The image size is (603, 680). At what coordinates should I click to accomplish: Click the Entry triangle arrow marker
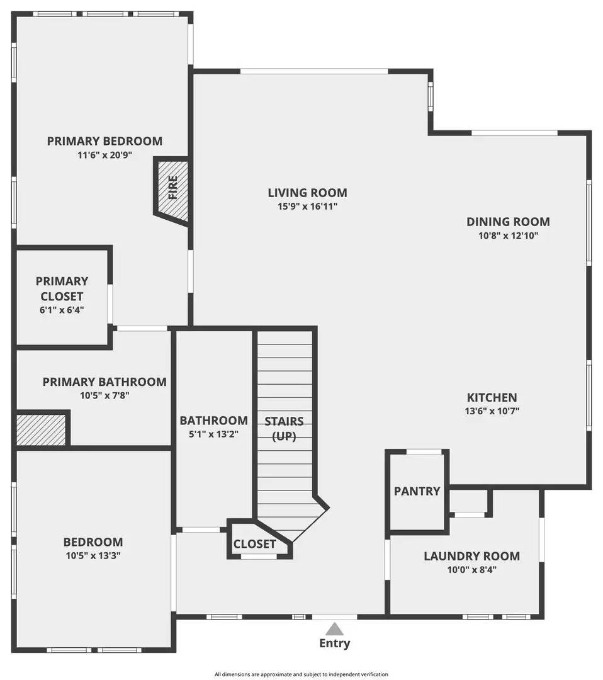[335, 628]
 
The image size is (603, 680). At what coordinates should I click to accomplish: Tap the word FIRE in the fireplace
[172, 188]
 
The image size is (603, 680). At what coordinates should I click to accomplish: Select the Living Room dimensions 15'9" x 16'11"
[307, 207]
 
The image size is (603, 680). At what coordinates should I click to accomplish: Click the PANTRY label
[417, 491]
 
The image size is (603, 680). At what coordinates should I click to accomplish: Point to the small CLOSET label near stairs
[254, 544]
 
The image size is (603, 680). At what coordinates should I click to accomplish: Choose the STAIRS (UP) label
[284, 428]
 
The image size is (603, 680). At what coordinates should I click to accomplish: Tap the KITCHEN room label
[492, 398]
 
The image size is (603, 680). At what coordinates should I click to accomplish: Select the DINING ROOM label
[508, 222]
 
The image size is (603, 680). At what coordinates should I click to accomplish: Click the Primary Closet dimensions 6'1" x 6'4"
[62, 310]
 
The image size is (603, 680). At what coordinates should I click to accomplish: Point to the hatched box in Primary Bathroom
[41, 429]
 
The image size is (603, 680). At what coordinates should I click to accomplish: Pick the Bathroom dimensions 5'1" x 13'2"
[213, 434]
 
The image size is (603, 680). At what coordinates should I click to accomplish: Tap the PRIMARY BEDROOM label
[104, 141]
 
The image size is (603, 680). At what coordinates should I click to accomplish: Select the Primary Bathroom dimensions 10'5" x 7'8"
[104, 395]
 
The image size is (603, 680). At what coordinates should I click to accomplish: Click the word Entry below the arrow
[335, 643]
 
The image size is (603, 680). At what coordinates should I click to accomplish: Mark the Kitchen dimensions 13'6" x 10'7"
[492, 411]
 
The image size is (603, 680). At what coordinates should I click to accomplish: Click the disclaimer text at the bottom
[301, 674]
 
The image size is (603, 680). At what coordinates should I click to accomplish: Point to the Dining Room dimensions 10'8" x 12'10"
[508, 235]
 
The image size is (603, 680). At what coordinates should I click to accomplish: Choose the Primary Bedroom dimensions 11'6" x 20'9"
[104, 155]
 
